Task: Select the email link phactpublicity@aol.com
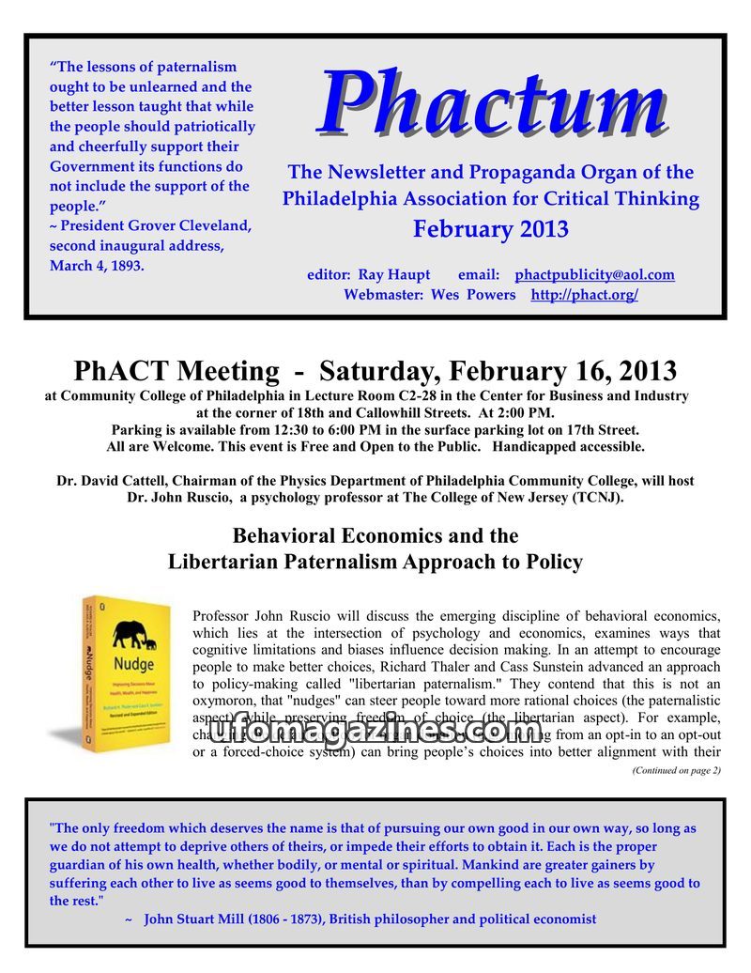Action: [594, 275]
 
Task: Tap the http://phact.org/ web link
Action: [584, 295]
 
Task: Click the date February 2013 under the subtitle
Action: [490, 229]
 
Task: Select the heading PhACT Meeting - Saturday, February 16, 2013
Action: [375, 371]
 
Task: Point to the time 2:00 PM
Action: [528, 412]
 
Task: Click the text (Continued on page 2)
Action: [676, 770]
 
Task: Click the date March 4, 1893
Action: [98, 266]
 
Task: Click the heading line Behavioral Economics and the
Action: [375, 536]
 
